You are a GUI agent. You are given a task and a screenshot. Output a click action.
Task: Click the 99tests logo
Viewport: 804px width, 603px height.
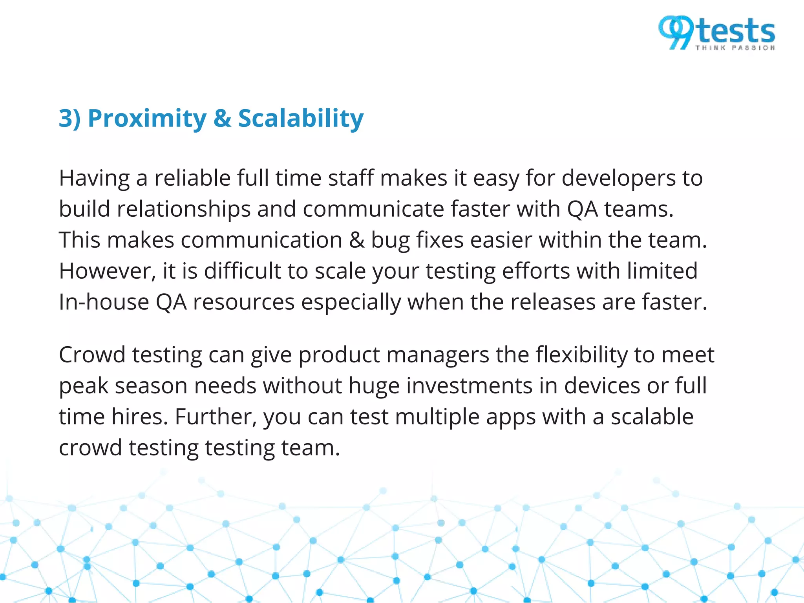pyautogui.click(x=716, y=33)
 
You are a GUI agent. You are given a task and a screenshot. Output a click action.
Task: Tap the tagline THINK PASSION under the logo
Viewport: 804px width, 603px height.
pyautogui.click(x=735, y=48)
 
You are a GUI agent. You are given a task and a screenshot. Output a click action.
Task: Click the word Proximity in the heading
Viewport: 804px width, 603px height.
pyautogui.click(x=147, y=119)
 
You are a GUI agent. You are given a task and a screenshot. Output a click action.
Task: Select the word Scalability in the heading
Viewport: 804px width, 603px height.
pyautogui.click(x=301, y=119)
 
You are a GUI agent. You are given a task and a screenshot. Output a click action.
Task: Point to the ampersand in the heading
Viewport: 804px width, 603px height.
pyautogui.click(x=222, y=119)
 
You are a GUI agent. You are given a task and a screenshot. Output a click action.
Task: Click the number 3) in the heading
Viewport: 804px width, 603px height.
pyautogui.click(x=69, y=119)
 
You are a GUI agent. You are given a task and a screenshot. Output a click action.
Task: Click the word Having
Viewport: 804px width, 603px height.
pyautogui.click(x=94, y=178)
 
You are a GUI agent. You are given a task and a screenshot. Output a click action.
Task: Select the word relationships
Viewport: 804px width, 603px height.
pyautogui.click(x=183, y=210)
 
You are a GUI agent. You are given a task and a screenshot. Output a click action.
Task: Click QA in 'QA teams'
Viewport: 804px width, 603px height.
pyautogui.click(x=582, y=210)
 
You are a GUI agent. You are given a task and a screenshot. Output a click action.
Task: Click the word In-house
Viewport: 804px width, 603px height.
pyautogui.click(x=104, y=302)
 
